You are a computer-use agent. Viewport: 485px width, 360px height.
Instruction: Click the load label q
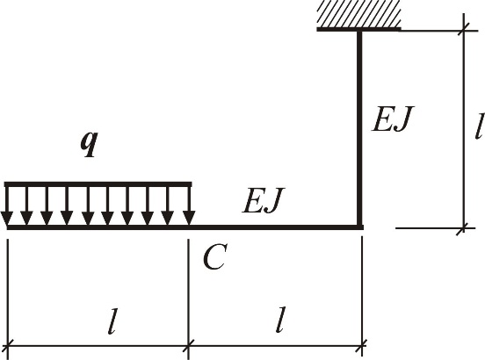tap(89, 144)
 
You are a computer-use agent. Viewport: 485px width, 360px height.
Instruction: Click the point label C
tap(215, 256)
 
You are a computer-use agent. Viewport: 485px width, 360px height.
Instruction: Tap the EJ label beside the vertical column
tap(392, 119)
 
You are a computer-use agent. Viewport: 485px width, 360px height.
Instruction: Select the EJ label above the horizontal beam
tap(263, 200)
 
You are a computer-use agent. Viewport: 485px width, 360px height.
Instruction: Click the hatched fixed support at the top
tap(358, 16)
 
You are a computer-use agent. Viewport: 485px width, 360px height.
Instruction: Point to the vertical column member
tap(359, 128)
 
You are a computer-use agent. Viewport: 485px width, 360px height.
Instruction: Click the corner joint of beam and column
tap(359, 227)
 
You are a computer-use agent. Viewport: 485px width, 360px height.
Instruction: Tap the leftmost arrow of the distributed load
tap(7, 205)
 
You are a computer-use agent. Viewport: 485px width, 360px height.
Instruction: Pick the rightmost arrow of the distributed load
tap(189, 205)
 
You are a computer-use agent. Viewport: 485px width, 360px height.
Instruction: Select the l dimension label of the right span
tap(280, 320)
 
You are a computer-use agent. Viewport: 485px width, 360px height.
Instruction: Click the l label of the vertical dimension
tap(479, 126)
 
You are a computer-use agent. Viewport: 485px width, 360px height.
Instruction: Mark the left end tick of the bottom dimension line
tap(7, 345)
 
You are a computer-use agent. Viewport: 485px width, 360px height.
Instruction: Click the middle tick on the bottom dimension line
tap(188, 345)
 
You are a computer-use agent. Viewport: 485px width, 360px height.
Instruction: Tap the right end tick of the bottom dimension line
tap(362, 345)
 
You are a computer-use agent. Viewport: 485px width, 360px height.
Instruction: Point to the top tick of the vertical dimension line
tap(464, 30)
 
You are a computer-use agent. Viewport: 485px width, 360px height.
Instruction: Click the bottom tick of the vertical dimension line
tap(463, 228)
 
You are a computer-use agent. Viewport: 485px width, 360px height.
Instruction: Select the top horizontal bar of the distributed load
tap(98, 184)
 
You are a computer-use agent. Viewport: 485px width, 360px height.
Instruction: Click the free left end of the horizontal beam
tap(7, 227)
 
